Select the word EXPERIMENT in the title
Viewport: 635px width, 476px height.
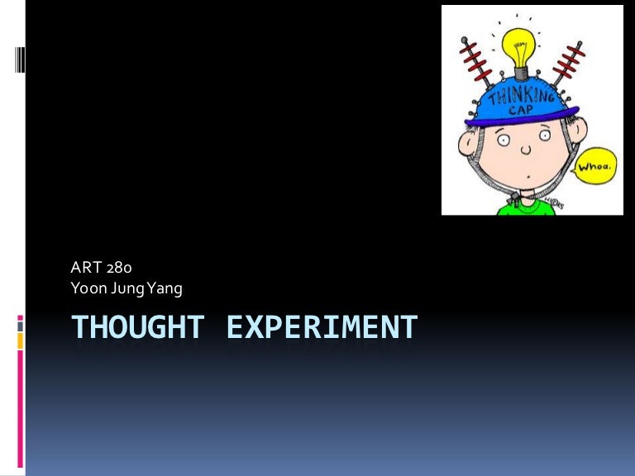pos(322,327)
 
